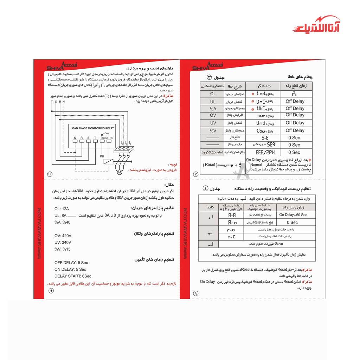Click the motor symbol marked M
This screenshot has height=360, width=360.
pyautogui.click(x=119, y=172)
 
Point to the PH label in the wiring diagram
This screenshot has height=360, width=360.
pyautogui.click(x=102, y=156)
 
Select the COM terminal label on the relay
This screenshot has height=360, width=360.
pyautogui.click(x=104, y=137)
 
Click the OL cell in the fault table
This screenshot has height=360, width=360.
pyautogui.click(x=213, y=94)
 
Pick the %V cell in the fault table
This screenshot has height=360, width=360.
pyautogui.click(x=213, y=130)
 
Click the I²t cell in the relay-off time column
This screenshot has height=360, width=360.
pyautogui.click(x=294, y=94)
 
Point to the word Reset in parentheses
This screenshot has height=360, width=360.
pyautogui.click(x=210, y=165)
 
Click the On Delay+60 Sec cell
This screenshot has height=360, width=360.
pyautogui.click(x=293, y=214)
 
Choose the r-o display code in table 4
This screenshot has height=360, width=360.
pyautogui.click(x=232, y=230)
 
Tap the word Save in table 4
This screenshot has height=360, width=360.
pyautogui.click(x=279, y=244)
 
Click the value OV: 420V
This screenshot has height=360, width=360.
pyautogui.click(x=63, y=236)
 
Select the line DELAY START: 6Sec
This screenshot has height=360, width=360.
pyautogui.click(x=73, y=276)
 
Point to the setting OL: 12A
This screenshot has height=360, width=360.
pyautogui.click(x=62, y=208)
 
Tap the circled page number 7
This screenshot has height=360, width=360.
pyautogui.click(x=196, y=174)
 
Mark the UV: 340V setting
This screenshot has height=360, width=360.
pyautogui.click(x=63, y=243)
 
